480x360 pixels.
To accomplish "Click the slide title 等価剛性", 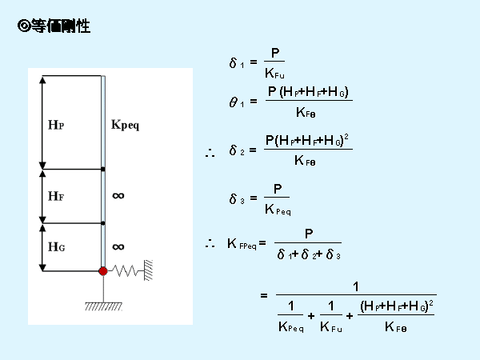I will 61,27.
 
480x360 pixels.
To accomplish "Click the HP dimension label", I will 56,125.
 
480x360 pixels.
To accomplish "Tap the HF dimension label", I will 56,195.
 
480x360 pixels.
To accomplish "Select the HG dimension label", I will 56,247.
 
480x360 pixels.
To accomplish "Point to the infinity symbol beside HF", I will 118,194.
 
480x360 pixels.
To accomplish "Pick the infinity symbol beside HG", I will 118,246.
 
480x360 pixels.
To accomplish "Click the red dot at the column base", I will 103,271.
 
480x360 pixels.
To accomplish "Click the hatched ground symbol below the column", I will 103,305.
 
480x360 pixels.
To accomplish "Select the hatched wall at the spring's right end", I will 149,270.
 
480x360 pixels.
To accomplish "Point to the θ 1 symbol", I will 235,102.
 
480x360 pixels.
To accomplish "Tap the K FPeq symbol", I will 241,244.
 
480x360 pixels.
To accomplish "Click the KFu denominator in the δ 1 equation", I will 274,74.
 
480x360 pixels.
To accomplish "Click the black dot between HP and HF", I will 103,170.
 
